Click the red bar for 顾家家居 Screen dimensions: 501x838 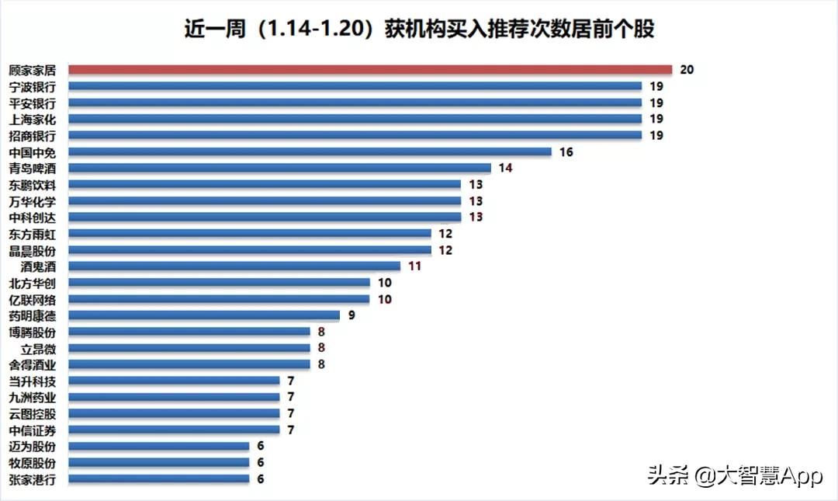(x=369, y=70)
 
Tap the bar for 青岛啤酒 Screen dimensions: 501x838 (x=279, y=168)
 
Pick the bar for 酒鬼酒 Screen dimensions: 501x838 (x=234, y=266)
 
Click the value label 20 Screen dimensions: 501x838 (x=686, y=70)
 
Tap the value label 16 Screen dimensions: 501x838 (x=566, y=152)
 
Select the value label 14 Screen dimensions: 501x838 (x=505, y=168)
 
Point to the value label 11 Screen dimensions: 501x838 (x=414, y=266)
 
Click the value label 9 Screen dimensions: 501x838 (x=351, y=315)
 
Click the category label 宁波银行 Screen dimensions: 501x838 (x=32, y=86)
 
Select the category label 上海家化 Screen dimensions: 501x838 (x=32, y=119)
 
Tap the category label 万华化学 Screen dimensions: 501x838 (x=32, y=201)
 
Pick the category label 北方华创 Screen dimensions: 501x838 (x=32, y=283)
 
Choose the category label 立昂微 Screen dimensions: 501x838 (x=38, y=349)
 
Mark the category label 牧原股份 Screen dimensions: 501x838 (x=32, y=463)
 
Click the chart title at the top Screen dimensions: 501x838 (x=419, y=29)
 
